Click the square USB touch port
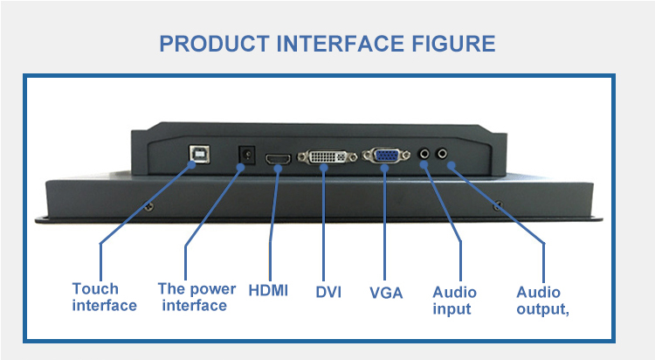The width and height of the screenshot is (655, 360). [x=193, y=154]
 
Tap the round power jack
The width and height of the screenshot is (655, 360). [x=245, y=155]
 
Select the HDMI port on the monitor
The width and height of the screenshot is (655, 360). [x=279, y=158]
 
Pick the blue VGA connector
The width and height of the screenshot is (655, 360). [x=383, y=156]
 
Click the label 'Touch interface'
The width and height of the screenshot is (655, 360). [x=104, y=297]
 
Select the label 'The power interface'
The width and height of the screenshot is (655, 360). [x=196, y=297]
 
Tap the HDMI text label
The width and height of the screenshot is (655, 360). [x=268, y=290]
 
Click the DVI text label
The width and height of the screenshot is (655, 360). [x=327, y=291]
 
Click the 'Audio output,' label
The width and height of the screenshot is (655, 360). [x=542, y=301]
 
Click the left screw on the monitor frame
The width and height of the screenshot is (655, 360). [x=149, y=206]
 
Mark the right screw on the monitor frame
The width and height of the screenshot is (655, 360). [x=497, y=205]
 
